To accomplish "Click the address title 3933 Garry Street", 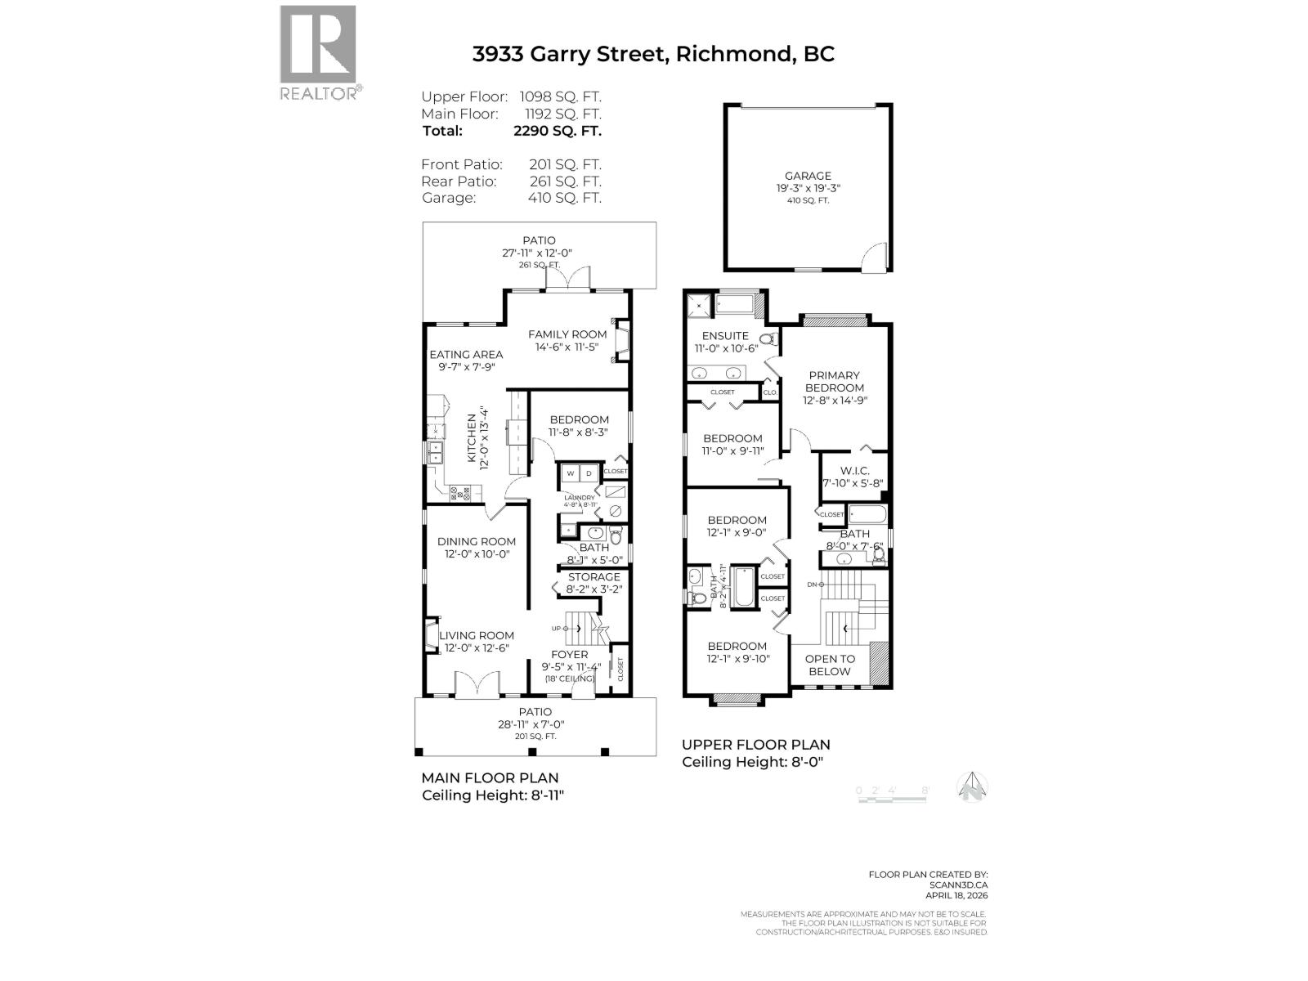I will click(653, 54).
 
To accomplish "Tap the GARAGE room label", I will click(808, 176).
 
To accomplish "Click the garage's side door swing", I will click(876, 256).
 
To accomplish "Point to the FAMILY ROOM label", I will click(567, 334).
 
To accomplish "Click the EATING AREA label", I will click(466, 354).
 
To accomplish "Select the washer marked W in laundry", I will click(570, 473).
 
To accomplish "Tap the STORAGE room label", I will click(594, 577).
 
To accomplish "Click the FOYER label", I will click(569, 654).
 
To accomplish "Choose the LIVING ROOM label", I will click(477, 635).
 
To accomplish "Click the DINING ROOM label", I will click(477, 541).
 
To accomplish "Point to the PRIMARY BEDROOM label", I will click(834, 382).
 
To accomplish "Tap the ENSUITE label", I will click(725, 335).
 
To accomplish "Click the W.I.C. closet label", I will click(854, 470).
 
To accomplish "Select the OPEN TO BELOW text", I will click(830, 665).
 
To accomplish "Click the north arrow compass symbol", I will click(973, 787).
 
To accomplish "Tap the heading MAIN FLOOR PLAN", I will click(490, 777).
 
